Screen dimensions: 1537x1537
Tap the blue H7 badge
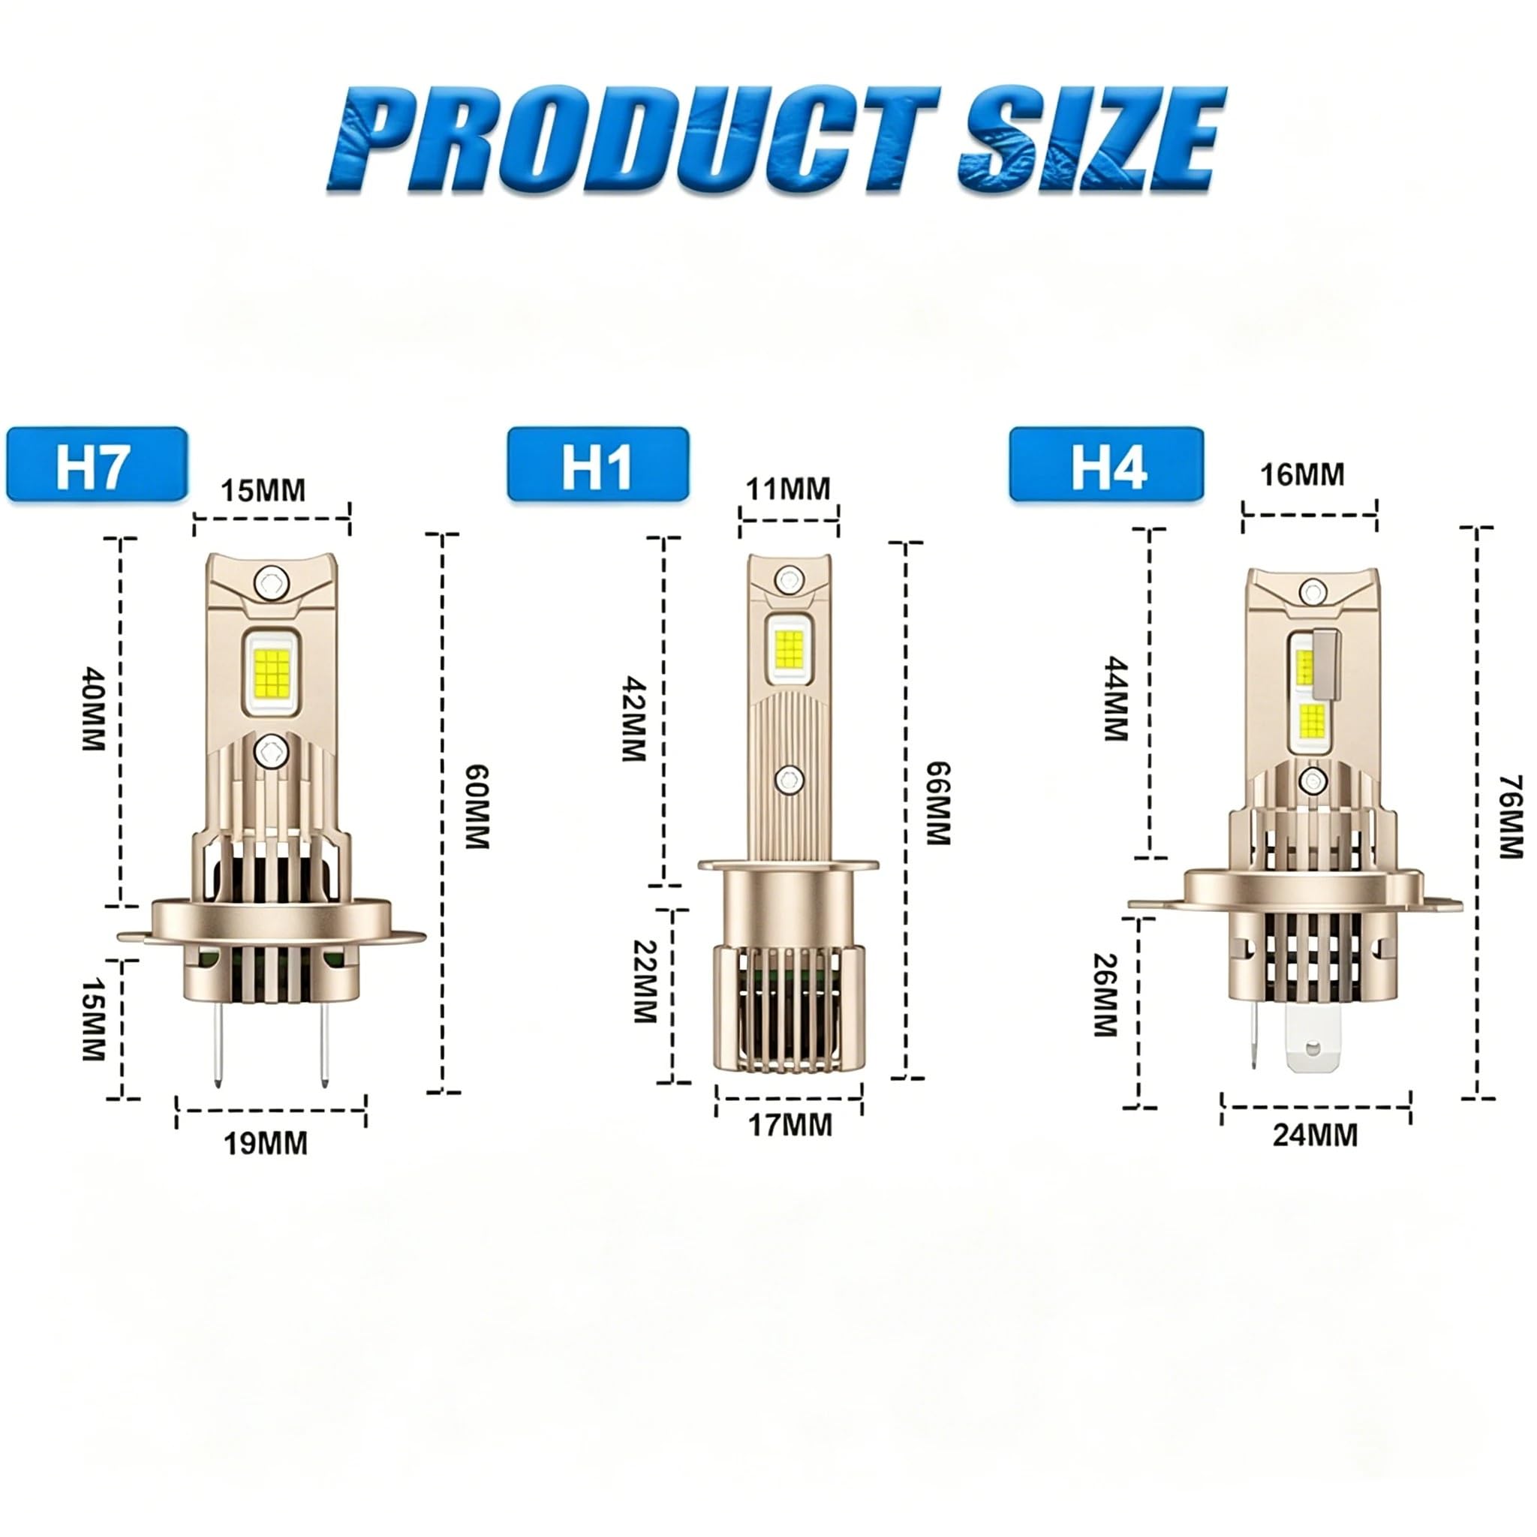point(97,465)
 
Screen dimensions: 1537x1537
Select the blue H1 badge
point(598,465)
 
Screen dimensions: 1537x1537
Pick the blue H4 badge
point(1107,465)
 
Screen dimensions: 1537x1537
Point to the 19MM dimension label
point(266,1144)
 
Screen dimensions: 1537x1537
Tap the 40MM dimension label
point(93,710)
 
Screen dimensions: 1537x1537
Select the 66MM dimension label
point(939,804)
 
